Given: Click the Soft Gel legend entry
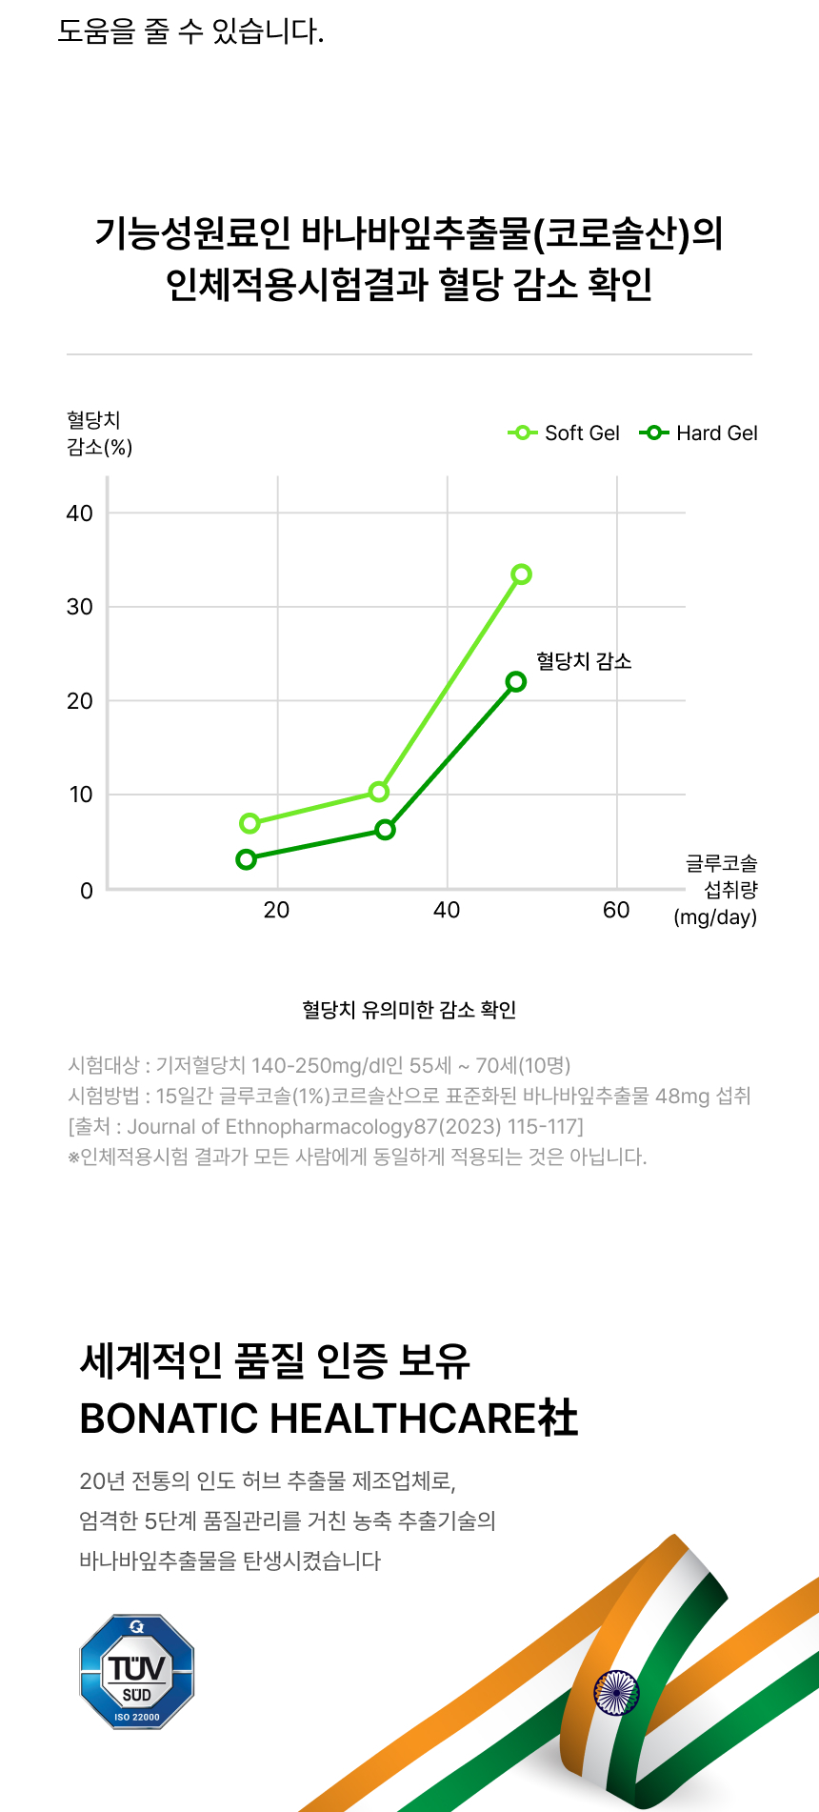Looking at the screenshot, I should point(565,433).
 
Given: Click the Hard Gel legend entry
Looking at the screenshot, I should point(700,433).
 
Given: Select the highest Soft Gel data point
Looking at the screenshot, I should point(521,574).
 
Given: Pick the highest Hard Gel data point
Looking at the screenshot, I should point(516,682).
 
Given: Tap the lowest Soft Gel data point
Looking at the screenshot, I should point(250,823).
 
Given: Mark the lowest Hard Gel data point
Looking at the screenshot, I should point(247,859).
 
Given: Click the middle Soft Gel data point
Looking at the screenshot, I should point(379,792).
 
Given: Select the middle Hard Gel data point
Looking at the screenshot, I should point(385,830).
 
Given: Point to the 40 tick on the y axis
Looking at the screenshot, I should point(80,513).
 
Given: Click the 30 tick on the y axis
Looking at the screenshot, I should point(80,607).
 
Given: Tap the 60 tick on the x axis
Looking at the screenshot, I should point(616,911).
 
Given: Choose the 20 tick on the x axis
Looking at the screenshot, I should point(276,911).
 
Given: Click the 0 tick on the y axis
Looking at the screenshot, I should point(87,891).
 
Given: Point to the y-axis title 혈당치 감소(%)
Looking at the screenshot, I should point(99,433).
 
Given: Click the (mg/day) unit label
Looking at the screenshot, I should point(715,917).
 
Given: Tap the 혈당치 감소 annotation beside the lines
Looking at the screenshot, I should point(584,661).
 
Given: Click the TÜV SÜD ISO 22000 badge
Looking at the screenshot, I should point(137,1672).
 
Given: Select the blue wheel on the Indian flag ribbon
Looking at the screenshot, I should point(616,1693).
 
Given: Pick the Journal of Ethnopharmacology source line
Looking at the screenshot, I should point(326,1127).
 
